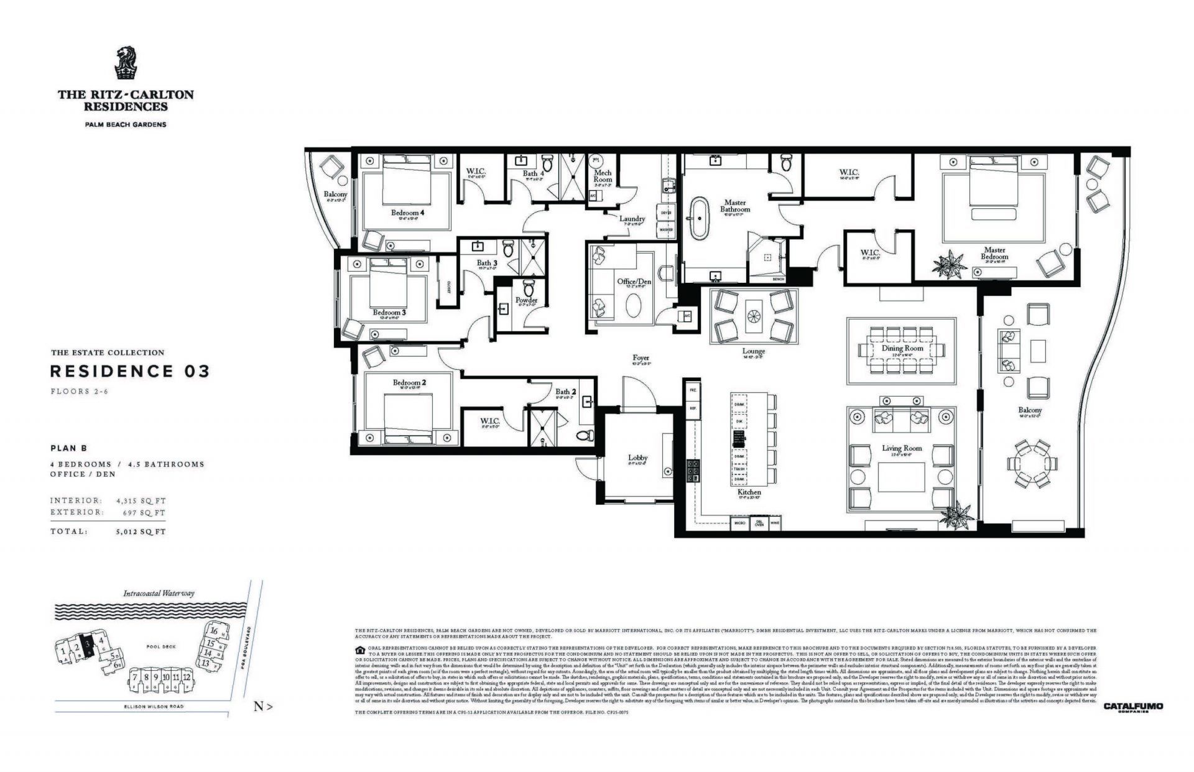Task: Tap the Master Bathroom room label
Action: (x=734, y=206)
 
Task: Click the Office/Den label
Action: (x=634, y=282)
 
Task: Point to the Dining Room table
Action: (x=902, y=349)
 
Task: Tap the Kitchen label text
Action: (x=750, y=492)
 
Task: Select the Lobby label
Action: (x=638, y=458)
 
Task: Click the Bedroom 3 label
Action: (x=389, y=312)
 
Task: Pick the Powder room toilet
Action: (x=529, y=288)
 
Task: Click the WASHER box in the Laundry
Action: (x=665, y=230)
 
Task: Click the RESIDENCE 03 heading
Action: (x=129, y=372)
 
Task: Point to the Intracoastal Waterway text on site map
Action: (x=159, y=593)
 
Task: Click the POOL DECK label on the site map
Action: (x=161, y=646)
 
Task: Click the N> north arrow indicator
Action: (x=263, y=706)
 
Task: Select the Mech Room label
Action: (x=603, y=176)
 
